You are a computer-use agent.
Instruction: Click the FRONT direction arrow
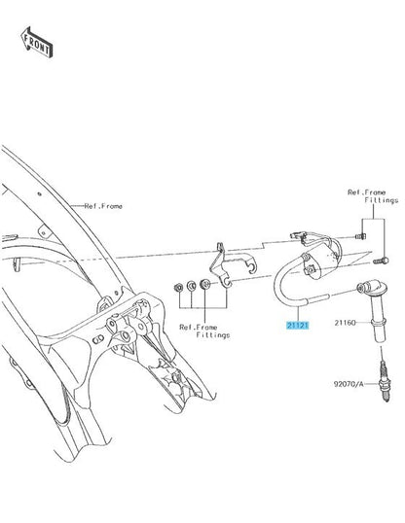pos(36,42)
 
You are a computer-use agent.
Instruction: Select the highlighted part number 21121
pos(297,325)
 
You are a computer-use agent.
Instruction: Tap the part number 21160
pos(346,323)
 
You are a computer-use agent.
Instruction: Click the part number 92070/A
pos(349,384)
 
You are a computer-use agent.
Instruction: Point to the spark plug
pos(385,381)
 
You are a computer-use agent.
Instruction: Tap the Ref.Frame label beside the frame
pos(103,206)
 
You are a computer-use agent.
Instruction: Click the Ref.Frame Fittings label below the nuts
pos(204,331)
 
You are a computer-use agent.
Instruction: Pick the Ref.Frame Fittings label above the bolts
pos(373,196)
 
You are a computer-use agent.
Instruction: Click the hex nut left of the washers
pos(178,287)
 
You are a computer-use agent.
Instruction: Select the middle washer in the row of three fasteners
pos(191,286)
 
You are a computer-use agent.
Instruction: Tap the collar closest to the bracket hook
pos(204,284)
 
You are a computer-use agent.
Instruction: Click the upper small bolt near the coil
pos(360,236)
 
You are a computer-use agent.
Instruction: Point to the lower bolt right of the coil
pos(381,261)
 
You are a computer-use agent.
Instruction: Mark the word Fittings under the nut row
pos(213,334)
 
